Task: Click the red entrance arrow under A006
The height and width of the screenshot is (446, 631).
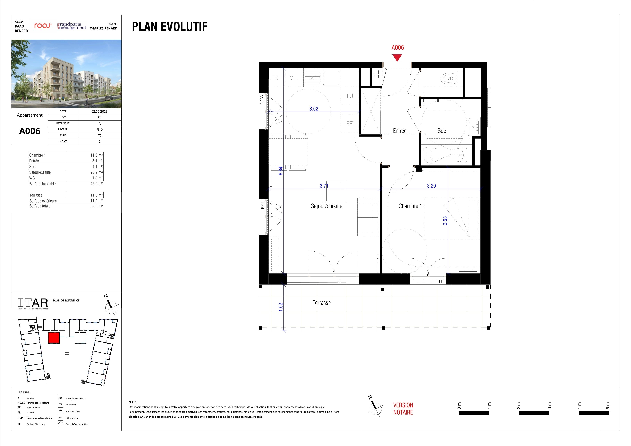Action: click(397, 58)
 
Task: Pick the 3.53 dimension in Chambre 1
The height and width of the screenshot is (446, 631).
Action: click(445, 221)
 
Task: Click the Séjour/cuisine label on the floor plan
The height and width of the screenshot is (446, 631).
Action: click(326, 206)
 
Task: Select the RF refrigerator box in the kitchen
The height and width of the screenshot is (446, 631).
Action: click(349, 124)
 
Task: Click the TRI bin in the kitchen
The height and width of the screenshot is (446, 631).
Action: click(276, 78)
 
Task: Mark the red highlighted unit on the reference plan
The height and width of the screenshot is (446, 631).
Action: click(54, 338)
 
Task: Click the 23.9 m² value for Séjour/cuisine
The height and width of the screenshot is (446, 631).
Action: click(96, 172)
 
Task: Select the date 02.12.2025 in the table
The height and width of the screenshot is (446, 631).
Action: click(100, 111)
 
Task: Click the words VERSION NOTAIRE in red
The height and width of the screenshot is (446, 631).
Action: click(403, 409)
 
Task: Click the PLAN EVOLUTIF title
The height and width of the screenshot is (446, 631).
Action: click(170, 27)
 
